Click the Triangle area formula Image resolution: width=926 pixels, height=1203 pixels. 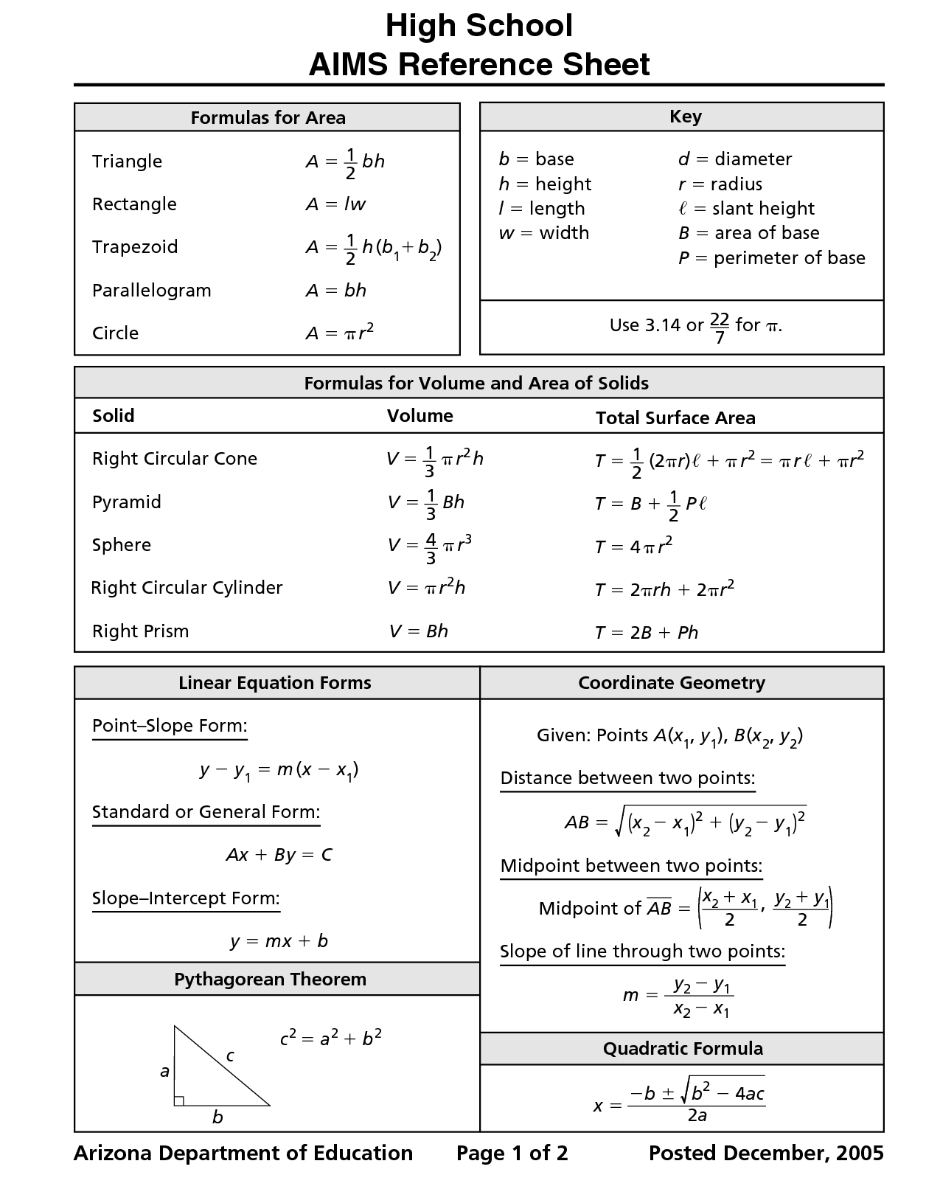[x=345, y=162]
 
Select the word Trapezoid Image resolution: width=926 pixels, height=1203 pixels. [x=135, y=247]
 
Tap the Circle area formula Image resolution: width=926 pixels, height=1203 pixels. [x=340, y=333]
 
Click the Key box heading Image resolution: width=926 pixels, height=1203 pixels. [x=685, y=117]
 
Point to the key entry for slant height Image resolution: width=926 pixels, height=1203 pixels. [x=746, y=209]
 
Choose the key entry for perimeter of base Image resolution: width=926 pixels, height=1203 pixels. [x=771, y=258]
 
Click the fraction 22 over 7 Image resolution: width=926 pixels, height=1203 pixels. [x=720, y=327]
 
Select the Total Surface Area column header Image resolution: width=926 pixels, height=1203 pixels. [x=675, y=418]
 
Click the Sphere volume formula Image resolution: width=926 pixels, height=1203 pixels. [x=429, y=547]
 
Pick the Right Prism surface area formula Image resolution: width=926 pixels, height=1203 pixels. [x=647, y=633]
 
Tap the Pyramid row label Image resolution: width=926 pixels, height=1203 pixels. [x=127, y=502]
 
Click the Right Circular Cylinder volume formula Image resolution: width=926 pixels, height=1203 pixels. [x=426, y=588]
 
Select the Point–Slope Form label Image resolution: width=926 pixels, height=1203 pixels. [x=170, y=726]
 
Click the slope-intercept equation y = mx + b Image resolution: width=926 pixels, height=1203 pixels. [x=279, y=941]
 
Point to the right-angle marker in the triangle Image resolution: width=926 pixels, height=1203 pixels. [x=179, y=1100]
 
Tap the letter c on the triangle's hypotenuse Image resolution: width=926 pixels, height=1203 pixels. [x=230, y=1057]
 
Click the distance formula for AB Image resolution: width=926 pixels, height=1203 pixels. [x=685, y=821]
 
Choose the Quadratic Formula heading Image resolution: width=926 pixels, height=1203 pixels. [x=683, y=1049]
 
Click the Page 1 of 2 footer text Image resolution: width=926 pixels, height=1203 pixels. [x=512, y=1154]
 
